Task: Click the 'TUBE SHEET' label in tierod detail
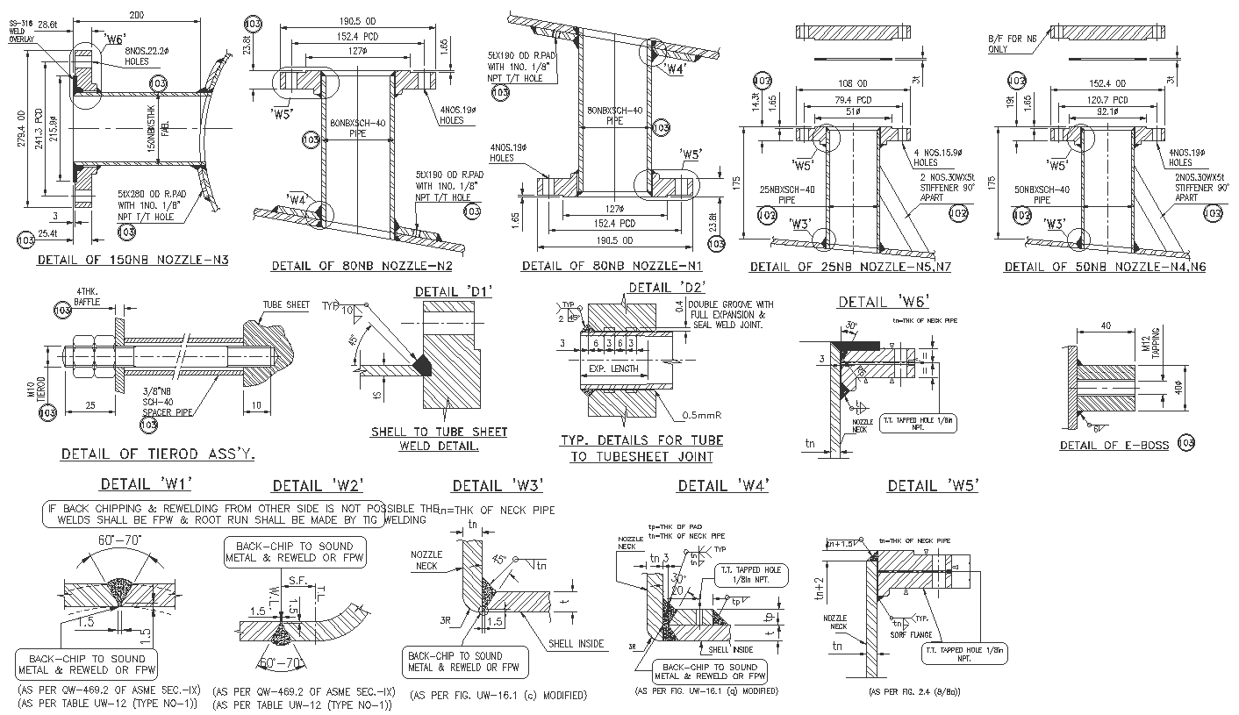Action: click(286, 305)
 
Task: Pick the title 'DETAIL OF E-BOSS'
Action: click(1114, 446)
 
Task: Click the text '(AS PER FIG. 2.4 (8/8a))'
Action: click(914, 692)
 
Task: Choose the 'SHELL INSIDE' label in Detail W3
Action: click(576, 644)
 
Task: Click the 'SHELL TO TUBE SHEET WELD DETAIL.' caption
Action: click(439, 439)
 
